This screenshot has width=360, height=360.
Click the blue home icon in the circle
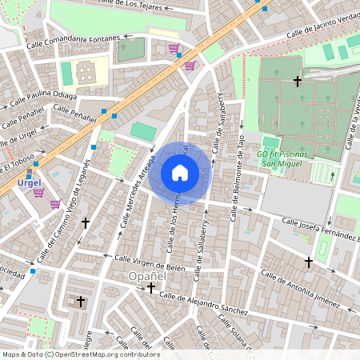(180, 173)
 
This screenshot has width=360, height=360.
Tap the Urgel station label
(30, 183)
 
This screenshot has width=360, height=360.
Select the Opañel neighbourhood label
(146, 276)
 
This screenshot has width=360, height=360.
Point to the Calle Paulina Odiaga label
(44, 98)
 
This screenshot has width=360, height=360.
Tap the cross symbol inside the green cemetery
(298, 81)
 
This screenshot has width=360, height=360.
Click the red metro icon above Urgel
(30, 171)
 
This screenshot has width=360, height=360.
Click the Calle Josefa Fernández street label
(319, 226)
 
